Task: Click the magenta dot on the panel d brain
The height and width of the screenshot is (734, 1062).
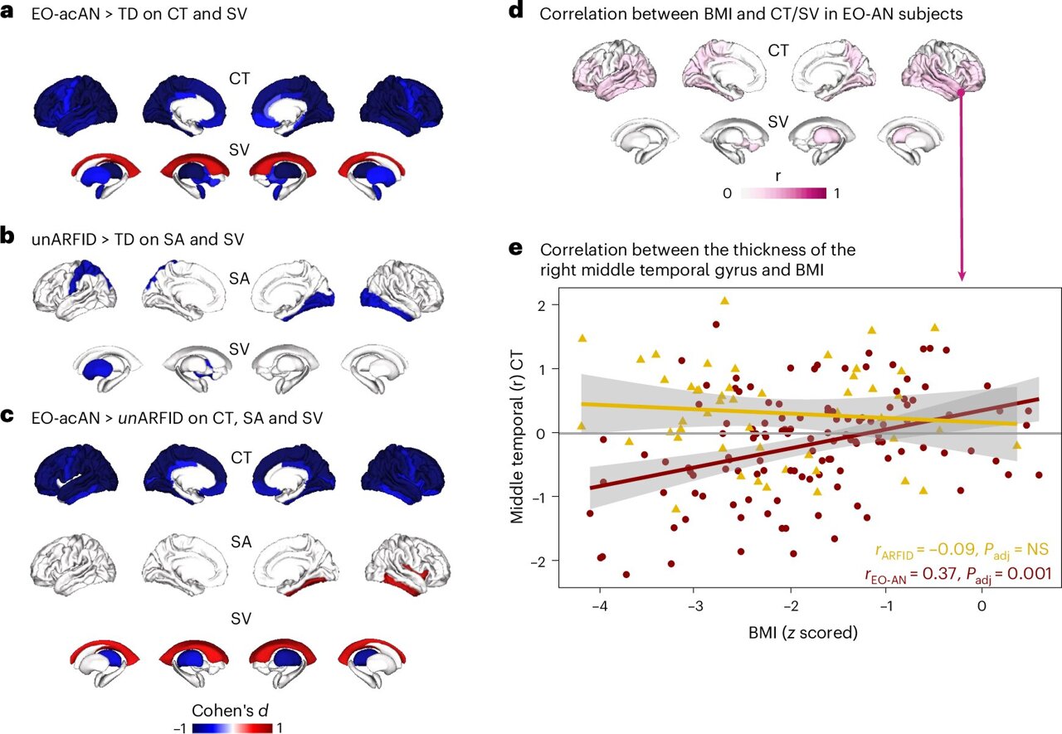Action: pos(962,95)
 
